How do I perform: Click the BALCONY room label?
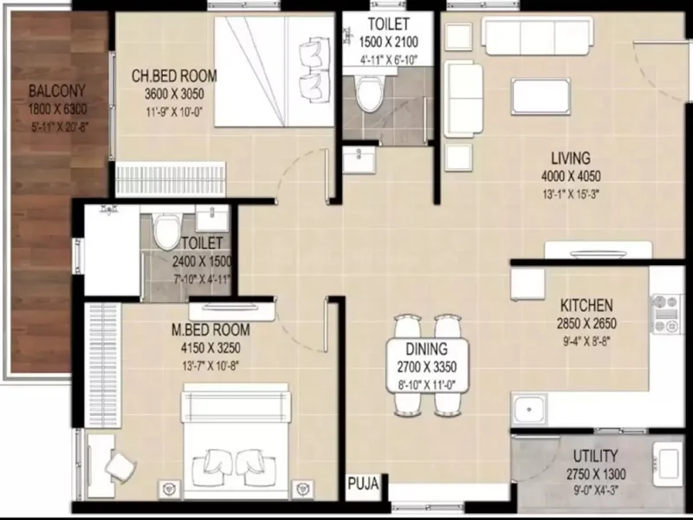tap(56, 91)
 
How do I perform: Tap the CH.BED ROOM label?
tap(174, 75)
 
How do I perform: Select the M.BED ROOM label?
tap(210, 329)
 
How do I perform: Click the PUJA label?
tap(363, 484)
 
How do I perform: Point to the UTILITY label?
tap(595, 456)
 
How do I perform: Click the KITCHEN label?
tap(586, 305)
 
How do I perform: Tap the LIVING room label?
tap(571, 158)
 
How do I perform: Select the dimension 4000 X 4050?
tap(571, 176)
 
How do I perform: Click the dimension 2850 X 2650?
tap(586, 323)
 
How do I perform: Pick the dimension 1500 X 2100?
tap(388, 42)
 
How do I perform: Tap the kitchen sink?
tap(529, 410)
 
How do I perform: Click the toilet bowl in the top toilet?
tap(370, 94)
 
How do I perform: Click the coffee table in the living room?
tap(541, 96)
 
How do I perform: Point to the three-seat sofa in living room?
tap(537, 36)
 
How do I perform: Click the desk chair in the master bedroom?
tap(120, 466)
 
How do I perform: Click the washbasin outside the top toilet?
tap(359, 159)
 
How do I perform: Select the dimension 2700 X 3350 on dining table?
tap(426, 367)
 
